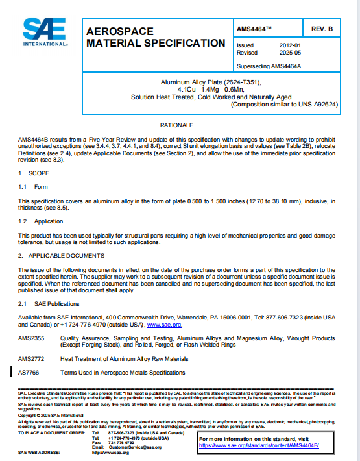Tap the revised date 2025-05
(x=289, y=53)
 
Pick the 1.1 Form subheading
(x=32, y=186)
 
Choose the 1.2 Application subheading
(x=41, y=221)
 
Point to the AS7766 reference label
(x=29, y=373)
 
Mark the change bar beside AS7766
(x=12, y=373)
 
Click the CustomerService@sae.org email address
(x=135, y=447)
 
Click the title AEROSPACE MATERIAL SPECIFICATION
(x=156, y=37)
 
